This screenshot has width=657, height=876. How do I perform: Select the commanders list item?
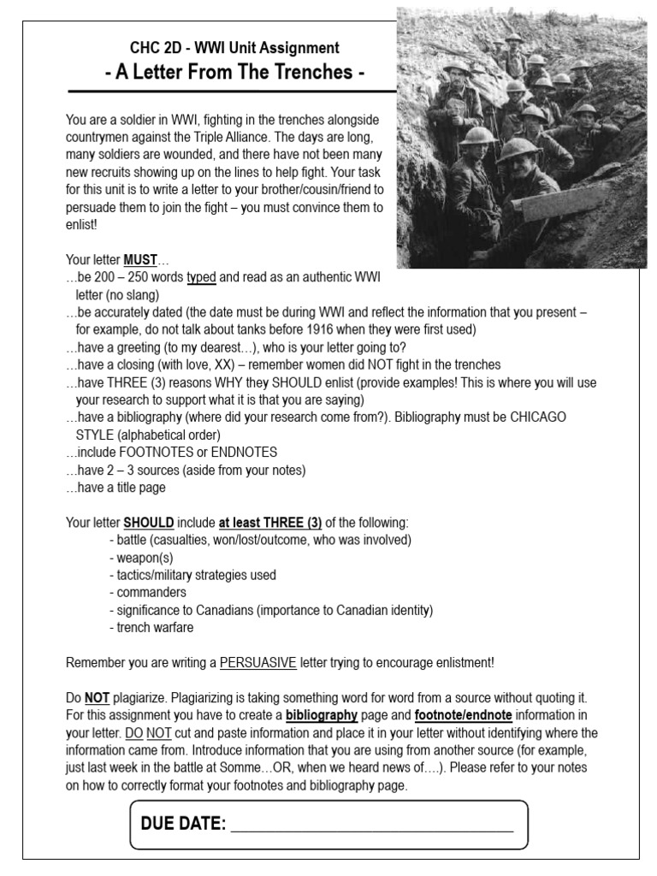[x=148, y=592]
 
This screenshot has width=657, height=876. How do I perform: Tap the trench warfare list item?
[x=152, y=627]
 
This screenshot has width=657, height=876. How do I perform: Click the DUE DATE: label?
[x=182, y=824]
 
